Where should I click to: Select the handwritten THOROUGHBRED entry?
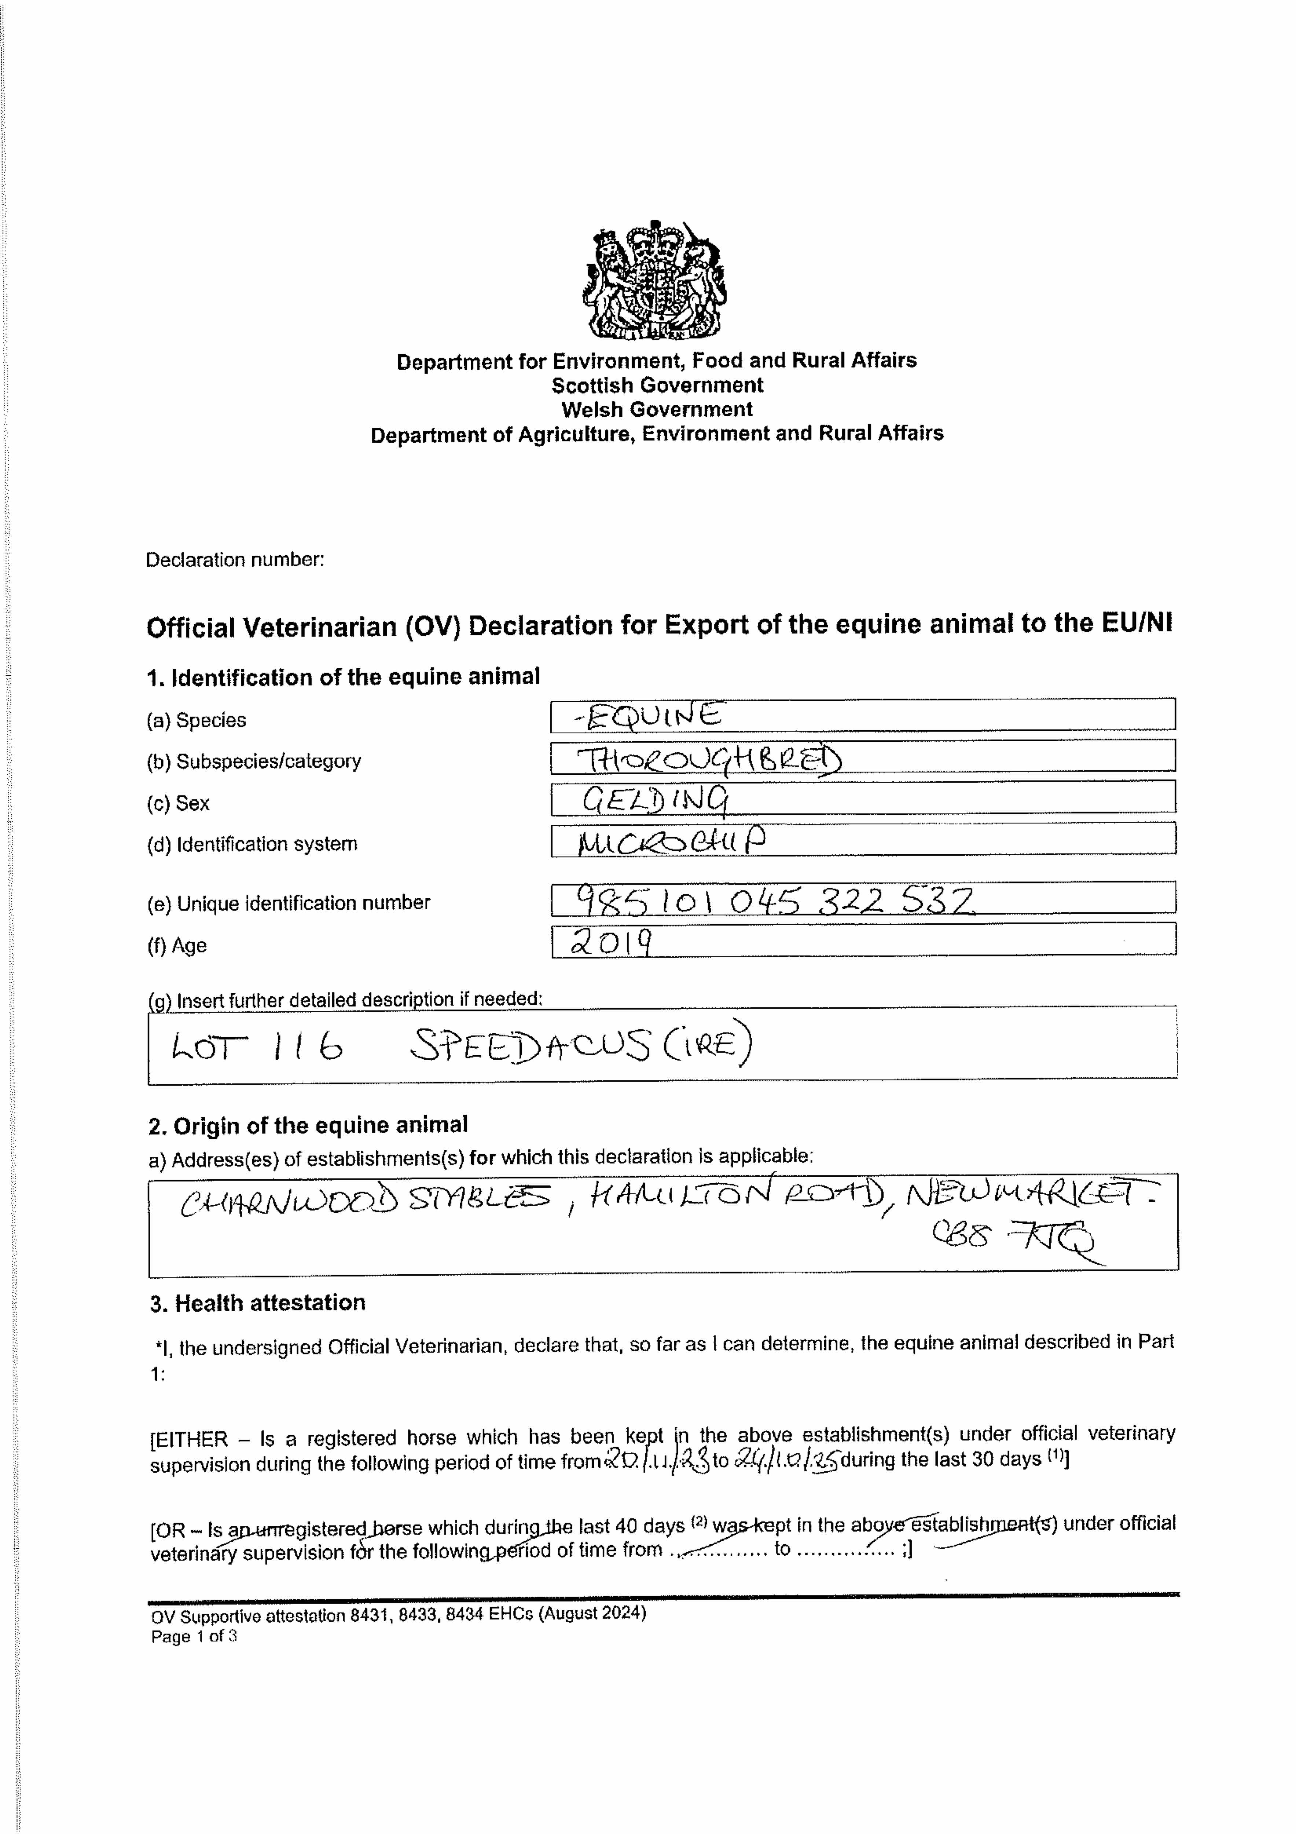tap(709, 759)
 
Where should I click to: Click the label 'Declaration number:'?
tap(235, 560)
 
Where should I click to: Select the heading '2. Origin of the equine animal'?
tap(308, 1125)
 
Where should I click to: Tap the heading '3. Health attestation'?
tap(258, 1303)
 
